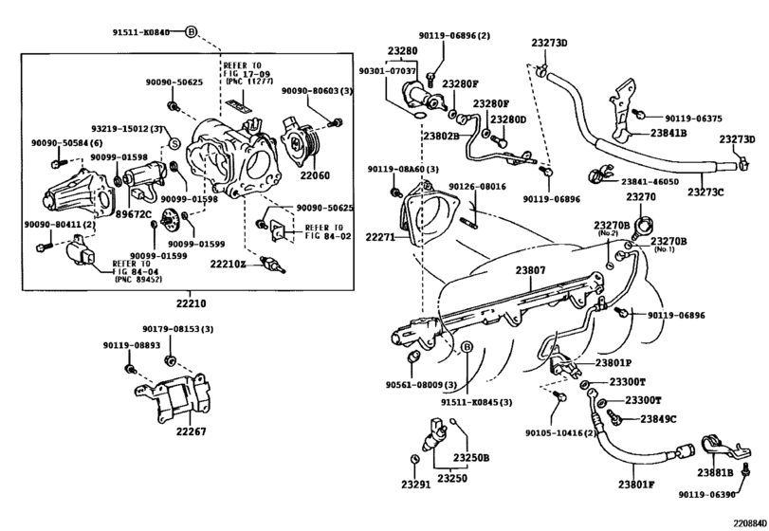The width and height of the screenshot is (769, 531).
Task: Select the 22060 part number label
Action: tap(316, 176)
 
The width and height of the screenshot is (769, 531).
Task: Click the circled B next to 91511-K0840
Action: tap(190, 31)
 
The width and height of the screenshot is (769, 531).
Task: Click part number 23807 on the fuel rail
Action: tap(530, 270)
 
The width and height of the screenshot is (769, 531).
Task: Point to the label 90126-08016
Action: tap(477, 187)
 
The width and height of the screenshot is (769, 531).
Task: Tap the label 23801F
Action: tap(638, 485)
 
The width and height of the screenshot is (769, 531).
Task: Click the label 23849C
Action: tap(657, 418)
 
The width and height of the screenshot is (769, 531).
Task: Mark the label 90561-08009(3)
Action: tap(421, 385)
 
